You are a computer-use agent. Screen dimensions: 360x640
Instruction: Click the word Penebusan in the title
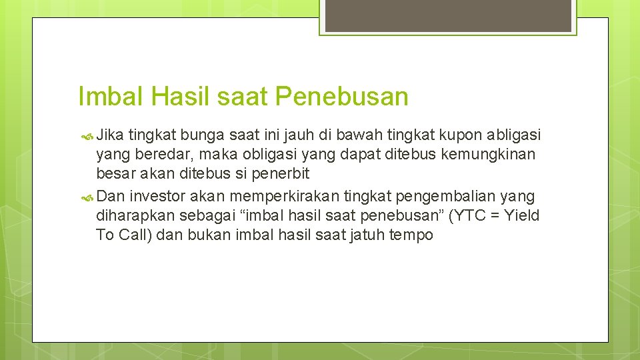341,97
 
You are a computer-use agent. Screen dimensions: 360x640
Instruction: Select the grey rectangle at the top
447,15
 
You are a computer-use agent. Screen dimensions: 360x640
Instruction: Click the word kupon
459,136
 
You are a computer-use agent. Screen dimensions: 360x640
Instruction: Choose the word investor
159,196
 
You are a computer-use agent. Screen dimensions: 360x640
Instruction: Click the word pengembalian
439,196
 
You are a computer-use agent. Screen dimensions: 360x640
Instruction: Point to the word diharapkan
135,215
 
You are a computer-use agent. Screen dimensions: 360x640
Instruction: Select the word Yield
522,215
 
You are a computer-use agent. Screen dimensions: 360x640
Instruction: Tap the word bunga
196,136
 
